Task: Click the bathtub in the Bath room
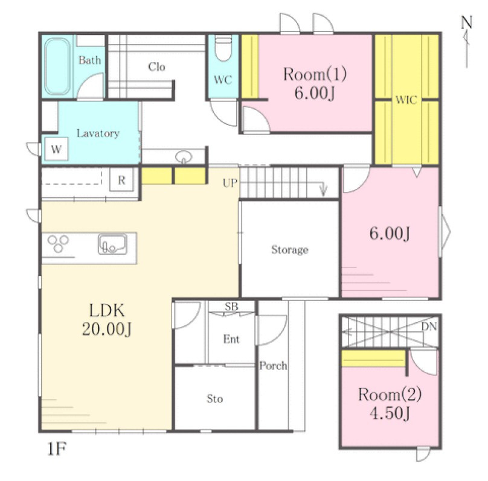click(x=57, y=66)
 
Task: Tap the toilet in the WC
click(x=223, y=48)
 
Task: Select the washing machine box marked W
click(x=56, y=149)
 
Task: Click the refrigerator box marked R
click(x=121, y=180)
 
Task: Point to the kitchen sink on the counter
click(x=113, y=244)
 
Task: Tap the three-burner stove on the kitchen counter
click(x=58, y=243)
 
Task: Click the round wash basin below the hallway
click(x=184, y=157)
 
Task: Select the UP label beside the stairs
click(x=230, y=183)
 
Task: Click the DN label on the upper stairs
click(x=429, y=327)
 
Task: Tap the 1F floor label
click(x=57, y=448)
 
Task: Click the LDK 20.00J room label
click(x=107, y=319)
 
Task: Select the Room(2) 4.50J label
click(x=390, y=404)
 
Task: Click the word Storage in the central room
click(x=290, y=250)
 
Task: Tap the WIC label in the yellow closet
click(x=406, y=100)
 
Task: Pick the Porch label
click(x=273, y=366)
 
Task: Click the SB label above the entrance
click(x=231, y=307)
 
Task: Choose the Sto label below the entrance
click(x=215, y=398)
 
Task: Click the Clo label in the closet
click(x=156, y=67)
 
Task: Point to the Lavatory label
click(x=98, y=133)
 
